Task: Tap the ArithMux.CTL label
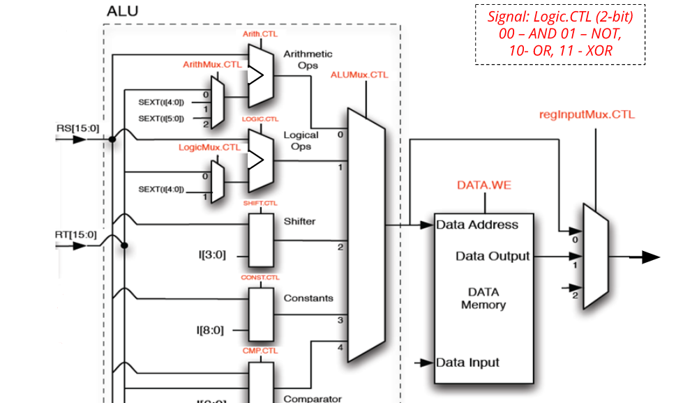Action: pyautogui.click(x=212, y=64)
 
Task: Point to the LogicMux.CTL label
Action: pyautogui.click(x=209, y=148)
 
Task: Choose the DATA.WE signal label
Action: pyautogui.click(x=483, y=185)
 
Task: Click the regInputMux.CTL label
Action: pyautogui.click(x=587, y=114)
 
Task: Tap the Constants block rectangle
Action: pyautogui.click(x=262, y=315)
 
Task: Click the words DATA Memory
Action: pyautogui.click(x=483, y=298)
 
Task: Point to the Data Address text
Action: pyautogui.click(x=477, y=225)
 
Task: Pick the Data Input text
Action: pyautogui.click(x=467, y=363)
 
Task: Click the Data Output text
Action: pyautogui.click(x=493, y=257)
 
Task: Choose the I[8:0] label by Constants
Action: pyautogui.click(x=211, y=330)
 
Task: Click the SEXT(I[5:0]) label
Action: pyautogui.click(x=162, y=119)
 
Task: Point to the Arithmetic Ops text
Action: pyautogui.click(x=308, y=59)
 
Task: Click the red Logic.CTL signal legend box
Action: pyautogui.click(x=560, y=34)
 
